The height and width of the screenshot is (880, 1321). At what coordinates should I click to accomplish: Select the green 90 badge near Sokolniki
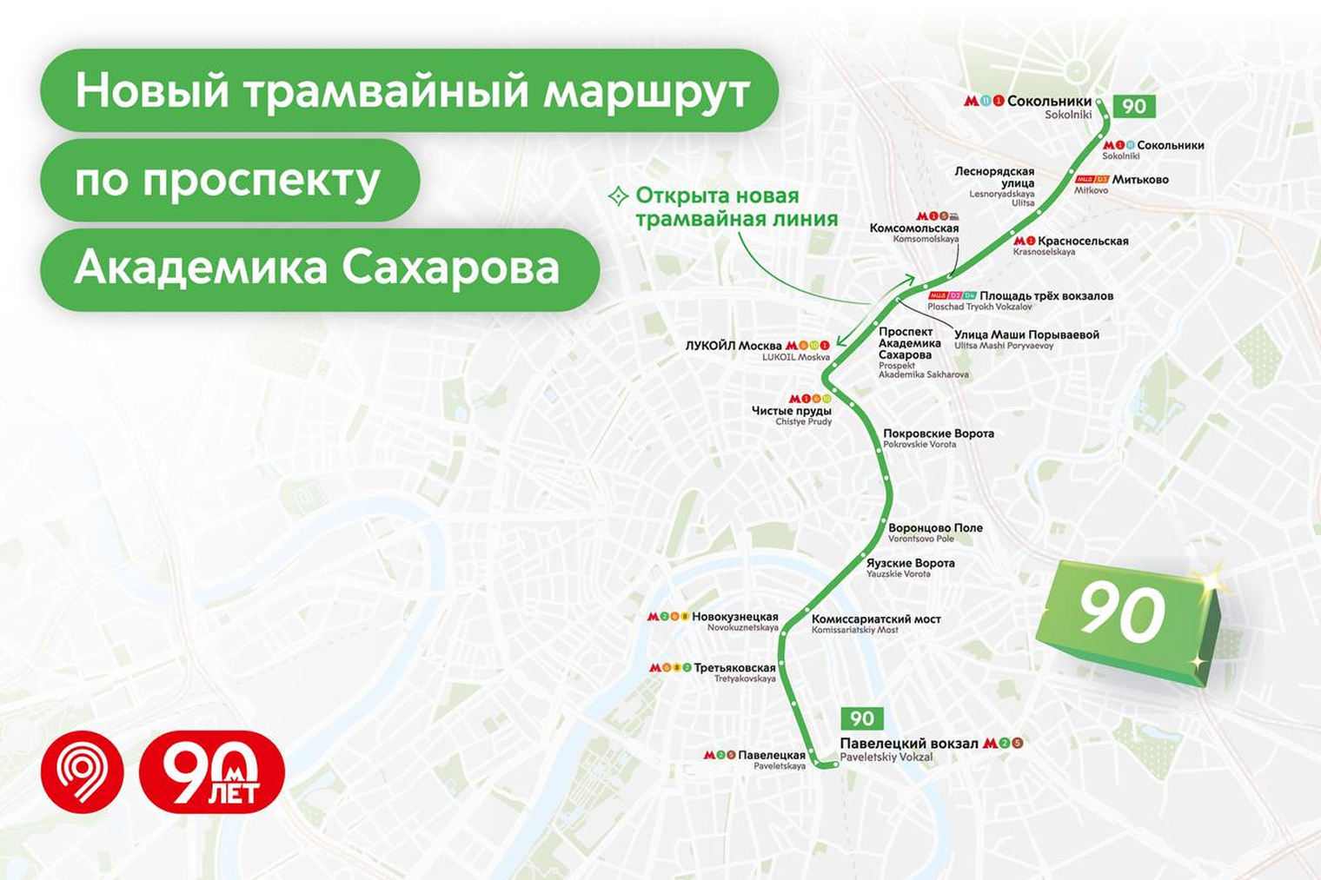[1134, 107]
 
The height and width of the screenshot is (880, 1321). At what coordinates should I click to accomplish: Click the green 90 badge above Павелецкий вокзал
[861, 718]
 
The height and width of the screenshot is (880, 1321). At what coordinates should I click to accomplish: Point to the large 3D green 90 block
[1126, 619]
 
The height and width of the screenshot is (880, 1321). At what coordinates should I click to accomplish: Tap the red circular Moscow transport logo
[83, 772]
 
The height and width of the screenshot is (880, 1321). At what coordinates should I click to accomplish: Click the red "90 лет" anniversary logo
[212, 772]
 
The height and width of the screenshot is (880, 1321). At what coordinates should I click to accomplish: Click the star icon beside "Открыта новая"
[618, 196]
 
